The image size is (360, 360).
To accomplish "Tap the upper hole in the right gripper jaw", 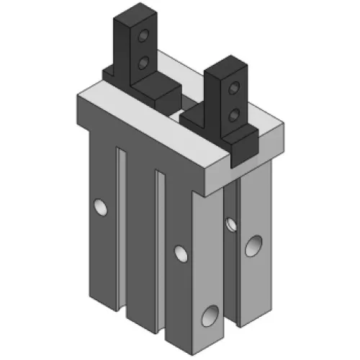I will (x=233, y=88).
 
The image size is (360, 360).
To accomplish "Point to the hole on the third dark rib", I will (x=179, y=253).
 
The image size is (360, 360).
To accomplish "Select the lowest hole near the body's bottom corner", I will (x=211, y=314).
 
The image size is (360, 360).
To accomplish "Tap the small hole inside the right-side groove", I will (x=230, y=222).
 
